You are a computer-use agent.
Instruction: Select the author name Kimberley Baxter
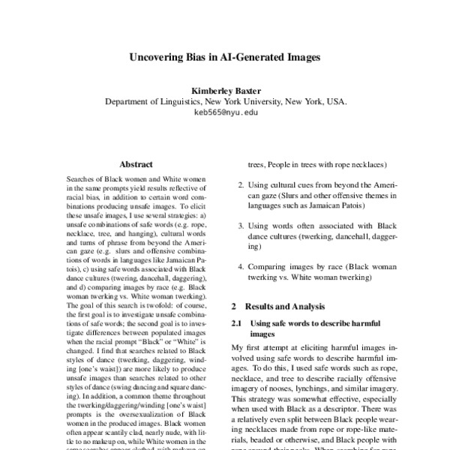pos(225,89)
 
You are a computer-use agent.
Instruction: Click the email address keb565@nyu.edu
pos(225,113)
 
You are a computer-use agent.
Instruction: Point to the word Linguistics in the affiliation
pos(182,101)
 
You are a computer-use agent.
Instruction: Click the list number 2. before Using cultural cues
pos(240,184)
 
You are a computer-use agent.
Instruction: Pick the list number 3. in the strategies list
pos(240,225)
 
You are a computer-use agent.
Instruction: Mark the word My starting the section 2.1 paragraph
pos(238,348)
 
